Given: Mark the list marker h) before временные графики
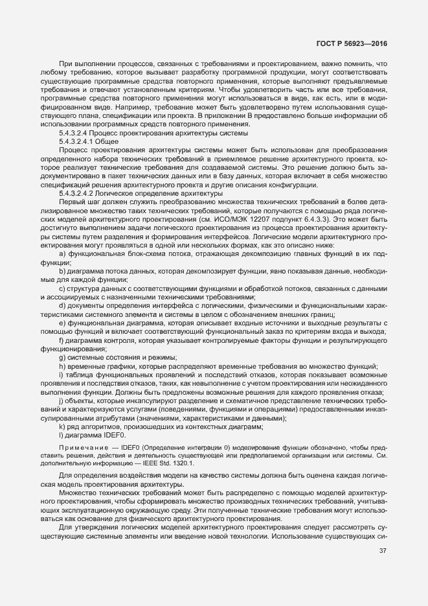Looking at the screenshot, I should pyautogui.click(x=62, y=367).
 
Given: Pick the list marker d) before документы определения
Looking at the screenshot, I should pyautogui.click(x=62, y=307).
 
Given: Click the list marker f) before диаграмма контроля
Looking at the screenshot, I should pyautogui.click(x=62, y=341).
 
